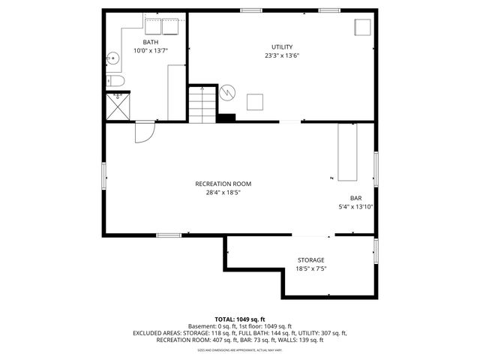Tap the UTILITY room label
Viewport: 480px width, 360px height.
(x=282, y=46)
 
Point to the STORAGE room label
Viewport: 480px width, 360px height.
(x=310, y=260)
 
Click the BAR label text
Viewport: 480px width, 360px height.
(x=355, y=198)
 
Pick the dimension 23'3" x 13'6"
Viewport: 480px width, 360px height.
(x=282, y=55)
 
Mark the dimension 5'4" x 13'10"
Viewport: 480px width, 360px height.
(x=355, y=207)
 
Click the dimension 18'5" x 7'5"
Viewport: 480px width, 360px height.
(x=310, y=268)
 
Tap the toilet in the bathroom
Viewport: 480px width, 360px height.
(x=115, y=81)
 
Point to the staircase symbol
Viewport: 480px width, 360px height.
(x=201, y=105)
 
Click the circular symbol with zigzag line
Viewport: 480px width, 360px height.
(x=228, y=92)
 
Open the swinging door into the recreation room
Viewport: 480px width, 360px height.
(x=143, y=132)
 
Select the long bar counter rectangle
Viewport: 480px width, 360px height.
(x=347, y=152)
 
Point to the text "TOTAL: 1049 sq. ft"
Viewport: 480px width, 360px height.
(x=240, y=319)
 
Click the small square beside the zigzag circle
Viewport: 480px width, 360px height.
(x=255, y=101)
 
